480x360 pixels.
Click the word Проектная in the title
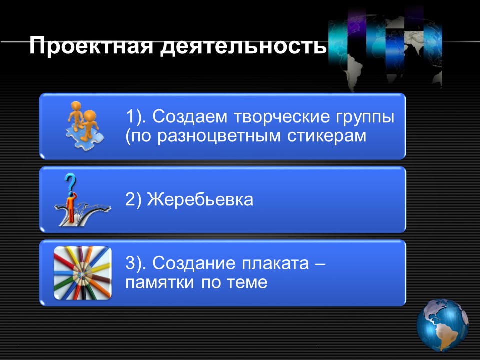(91, 45)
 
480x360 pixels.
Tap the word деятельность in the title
(243, 46)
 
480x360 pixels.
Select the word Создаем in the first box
(190, 116)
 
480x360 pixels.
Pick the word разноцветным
(219, 136)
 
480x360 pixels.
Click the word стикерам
(327, 136)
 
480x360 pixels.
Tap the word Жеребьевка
(200, 199)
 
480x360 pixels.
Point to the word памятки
(159, 282)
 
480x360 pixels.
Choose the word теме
(247, 282)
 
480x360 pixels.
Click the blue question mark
(70, 182)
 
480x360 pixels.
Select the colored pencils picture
(82, 273)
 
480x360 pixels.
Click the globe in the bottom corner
(442, 325)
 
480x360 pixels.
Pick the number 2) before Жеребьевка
(134, 200)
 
